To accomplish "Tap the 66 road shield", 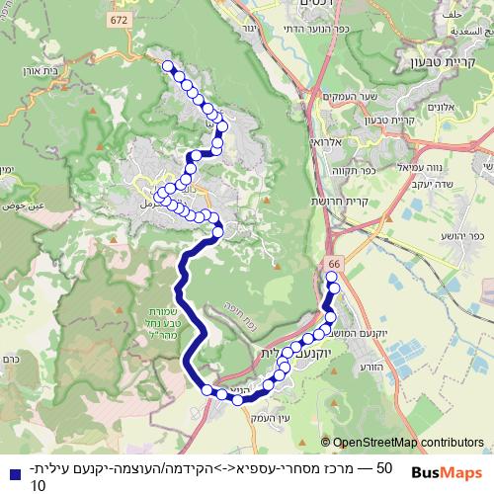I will [x=334, y=264].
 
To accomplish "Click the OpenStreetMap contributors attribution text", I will [x=408, y=442].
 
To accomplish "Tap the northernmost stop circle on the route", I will [x=167, y=66].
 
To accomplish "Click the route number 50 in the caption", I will [x=384, y=467].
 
